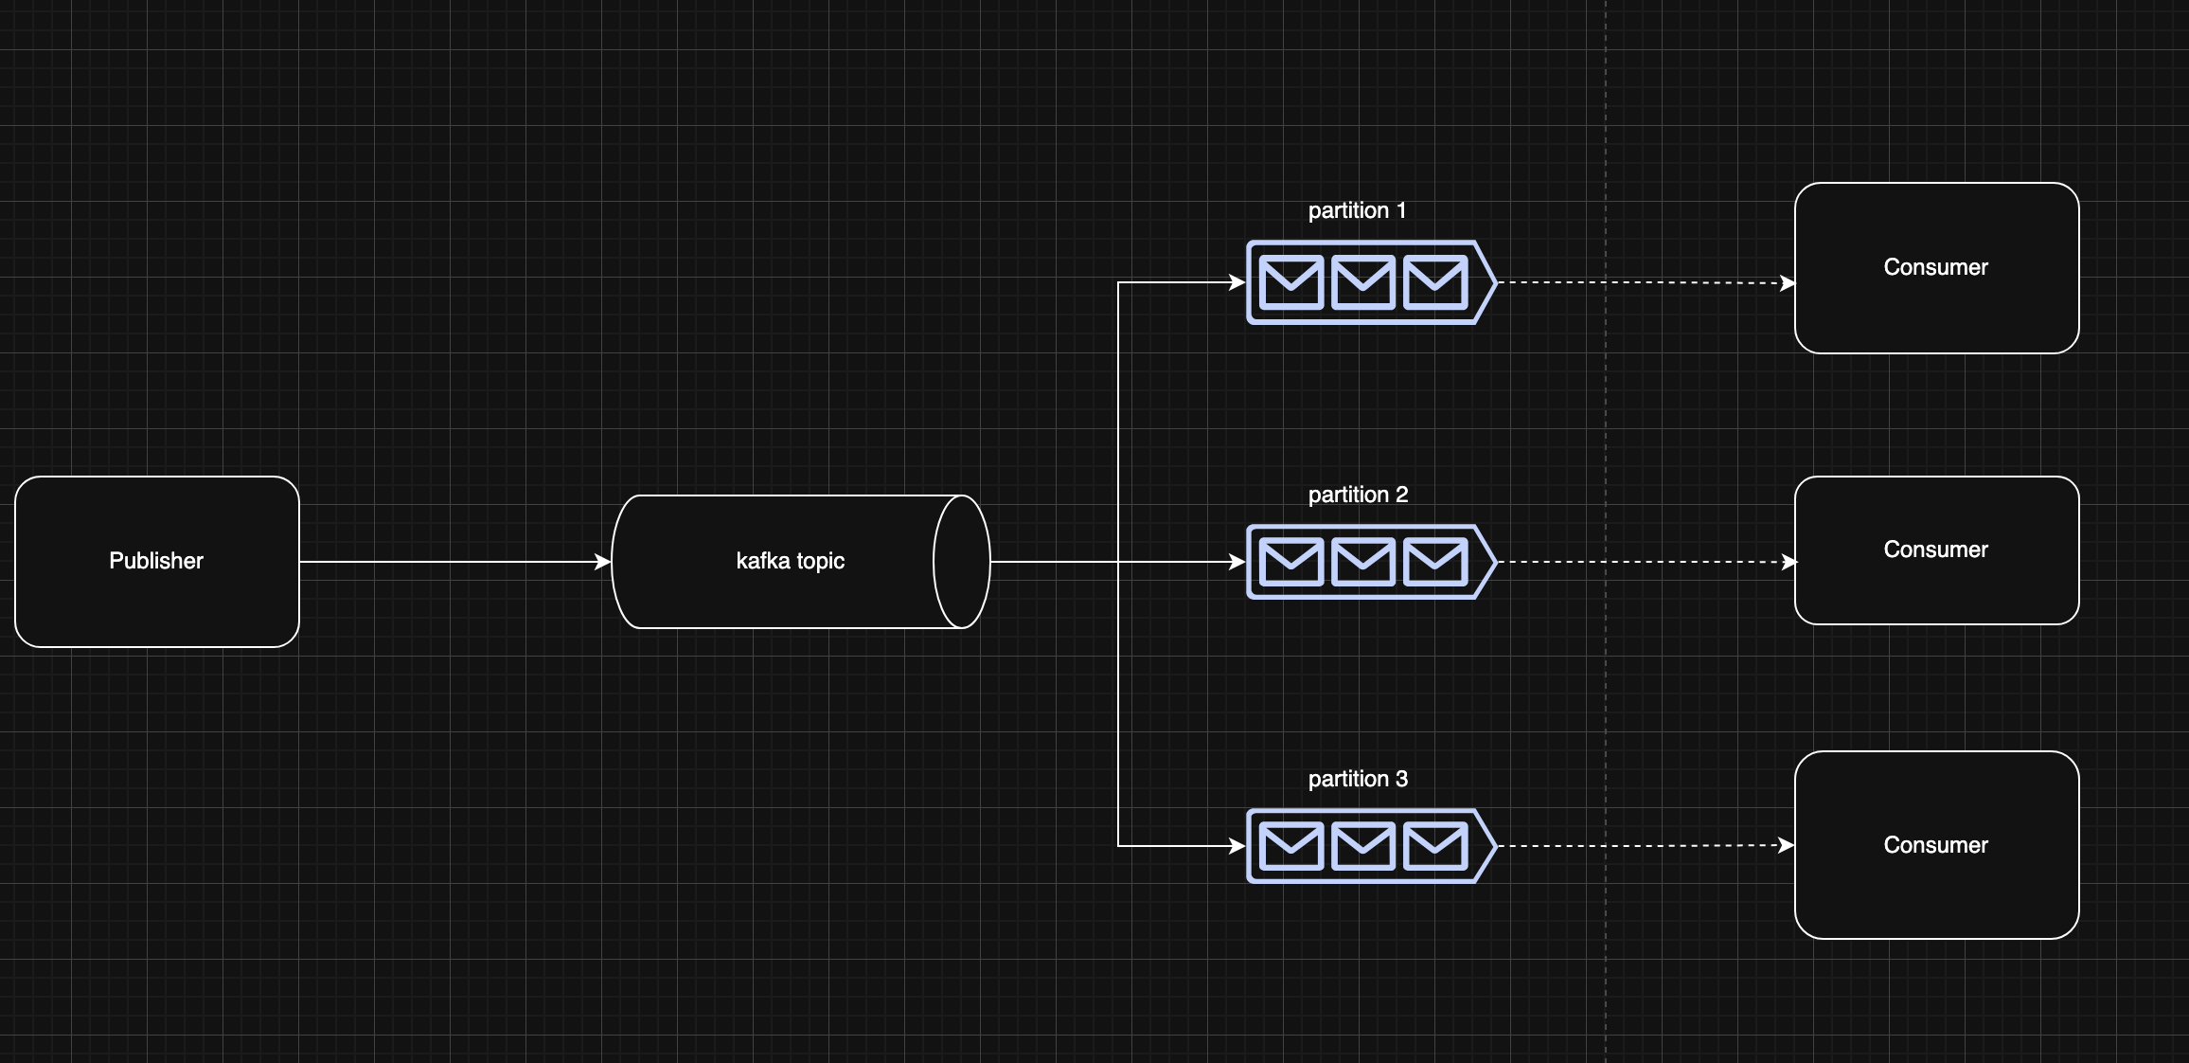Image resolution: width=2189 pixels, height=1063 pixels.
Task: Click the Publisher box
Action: (157, 562)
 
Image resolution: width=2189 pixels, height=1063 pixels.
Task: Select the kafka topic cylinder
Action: (801, 562)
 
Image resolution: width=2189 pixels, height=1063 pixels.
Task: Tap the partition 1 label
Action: (1357, 210)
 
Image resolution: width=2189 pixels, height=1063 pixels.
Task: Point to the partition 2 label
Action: (1358, 495)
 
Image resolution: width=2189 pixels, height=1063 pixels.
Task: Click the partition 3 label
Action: (1358, 779)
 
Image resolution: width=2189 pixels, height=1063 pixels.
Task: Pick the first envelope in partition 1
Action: (1291, 282)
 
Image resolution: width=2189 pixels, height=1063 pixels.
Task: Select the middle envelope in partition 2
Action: (1363, 562)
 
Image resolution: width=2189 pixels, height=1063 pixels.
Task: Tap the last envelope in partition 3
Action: (1435, 846)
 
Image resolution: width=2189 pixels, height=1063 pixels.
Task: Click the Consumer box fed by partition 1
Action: (1937, 268)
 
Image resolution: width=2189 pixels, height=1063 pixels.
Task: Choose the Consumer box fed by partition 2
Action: (1937, 550)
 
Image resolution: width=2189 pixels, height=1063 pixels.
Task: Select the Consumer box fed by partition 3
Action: (1937, 845)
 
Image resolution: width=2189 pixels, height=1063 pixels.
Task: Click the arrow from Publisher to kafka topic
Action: (455, 562)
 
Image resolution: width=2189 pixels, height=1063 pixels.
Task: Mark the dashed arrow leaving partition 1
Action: (1646, 282)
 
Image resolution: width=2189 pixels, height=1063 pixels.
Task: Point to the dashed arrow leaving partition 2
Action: (1646, 562)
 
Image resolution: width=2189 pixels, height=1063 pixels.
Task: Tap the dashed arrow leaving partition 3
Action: (1646, 845)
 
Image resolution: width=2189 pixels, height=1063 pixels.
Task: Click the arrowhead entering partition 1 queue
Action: (1237, 282)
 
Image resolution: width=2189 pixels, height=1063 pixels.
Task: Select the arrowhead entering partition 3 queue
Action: (1237, 846)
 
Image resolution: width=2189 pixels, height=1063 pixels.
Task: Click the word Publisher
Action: (156, 561)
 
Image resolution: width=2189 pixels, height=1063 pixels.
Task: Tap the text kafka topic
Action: (791, 561)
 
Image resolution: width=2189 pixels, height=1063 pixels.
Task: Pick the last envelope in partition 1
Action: (1435, 282)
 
